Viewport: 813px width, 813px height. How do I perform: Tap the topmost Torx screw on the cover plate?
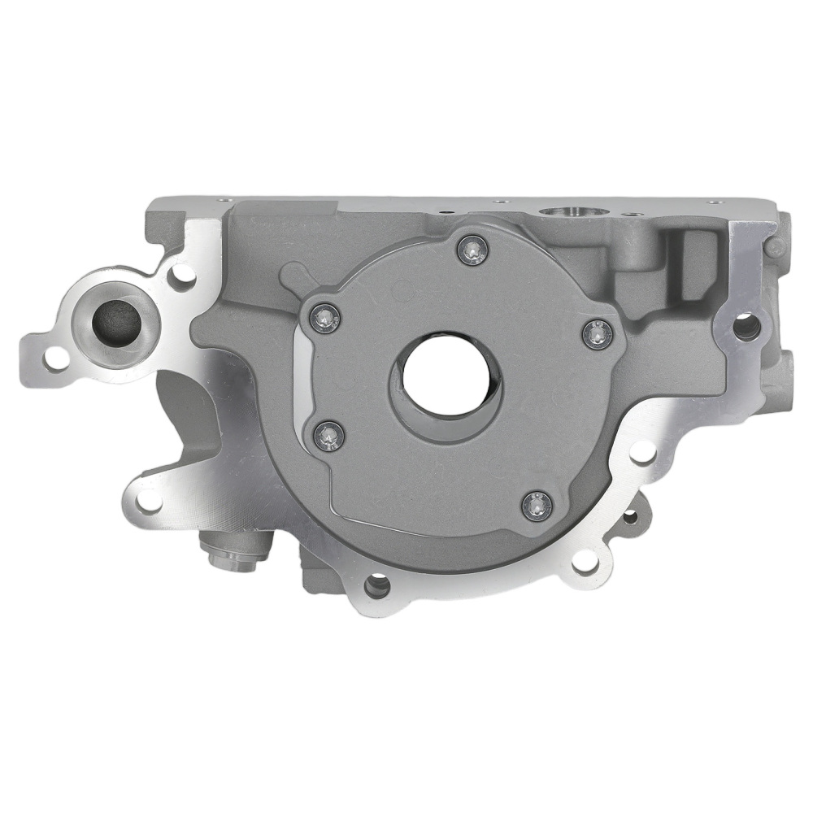point(471,251)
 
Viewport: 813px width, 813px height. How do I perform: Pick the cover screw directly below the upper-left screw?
point(328,436)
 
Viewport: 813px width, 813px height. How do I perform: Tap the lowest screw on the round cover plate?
point(537,506)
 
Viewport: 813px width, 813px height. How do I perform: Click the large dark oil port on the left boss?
point(116,323)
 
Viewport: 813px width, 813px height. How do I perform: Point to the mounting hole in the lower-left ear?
point(150,500)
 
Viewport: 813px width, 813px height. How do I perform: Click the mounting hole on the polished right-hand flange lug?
point(746,326)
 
